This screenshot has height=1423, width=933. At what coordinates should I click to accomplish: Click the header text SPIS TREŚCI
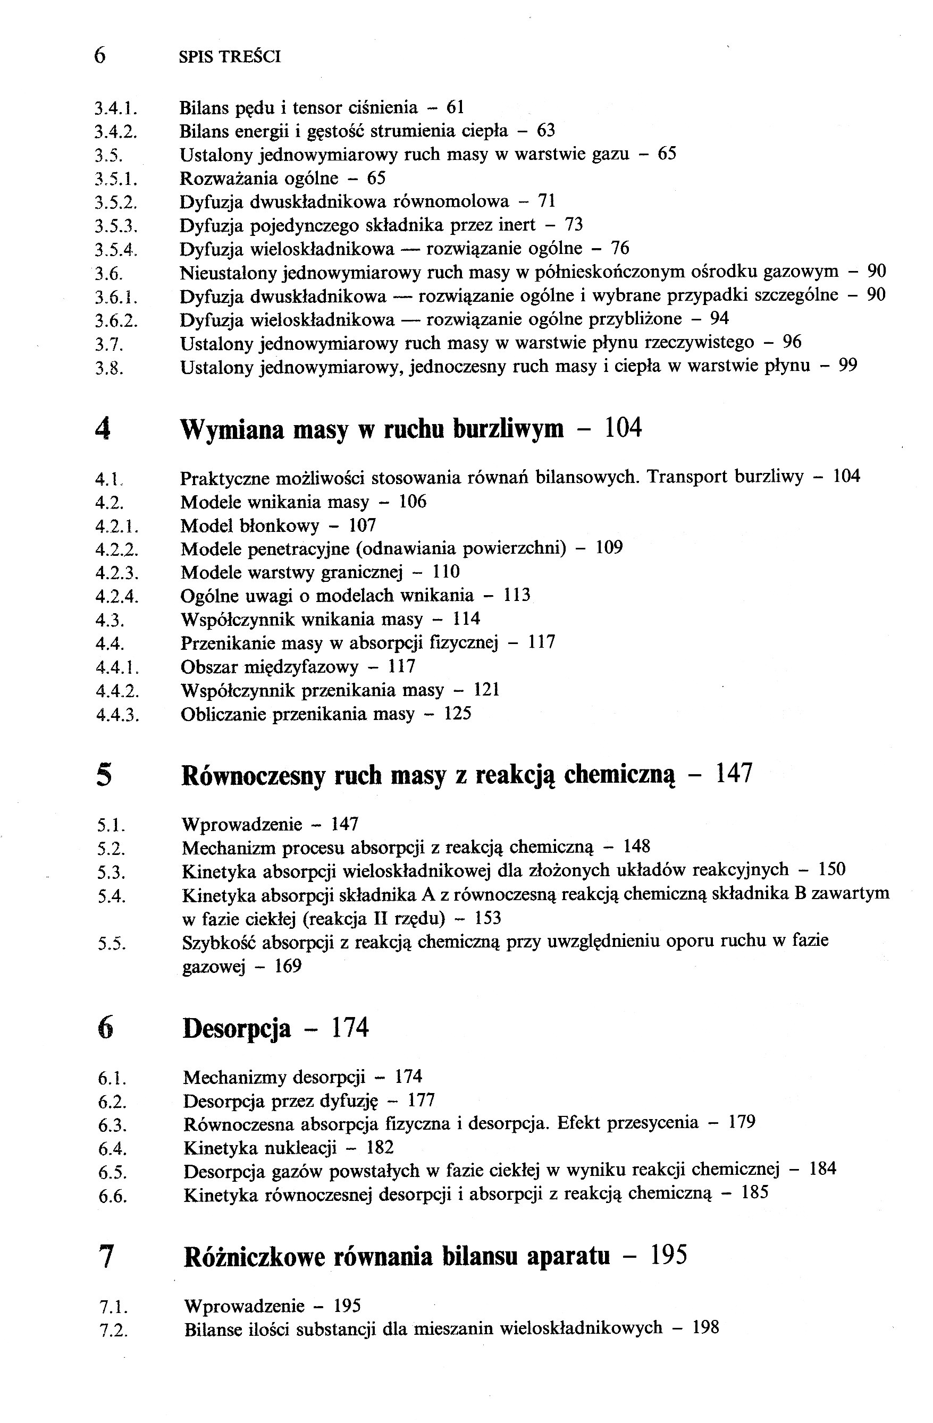coord(230,57)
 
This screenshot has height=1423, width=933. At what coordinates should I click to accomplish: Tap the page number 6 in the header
coord(100,56)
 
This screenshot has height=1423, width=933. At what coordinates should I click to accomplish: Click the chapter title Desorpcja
coord(237,1028)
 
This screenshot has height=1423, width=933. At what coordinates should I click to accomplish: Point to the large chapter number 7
coord(105,1257)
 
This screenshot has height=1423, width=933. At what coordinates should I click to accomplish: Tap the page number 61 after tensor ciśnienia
coord(455,108)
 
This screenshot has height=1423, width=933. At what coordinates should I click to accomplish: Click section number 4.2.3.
coord(117,573)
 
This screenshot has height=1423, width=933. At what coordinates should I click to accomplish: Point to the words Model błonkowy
coord(250,526)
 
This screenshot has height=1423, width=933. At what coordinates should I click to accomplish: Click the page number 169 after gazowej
coord(288,966)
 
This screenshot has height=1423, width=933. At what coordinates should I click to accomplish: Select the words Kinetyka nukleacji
coord(259,1148)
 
